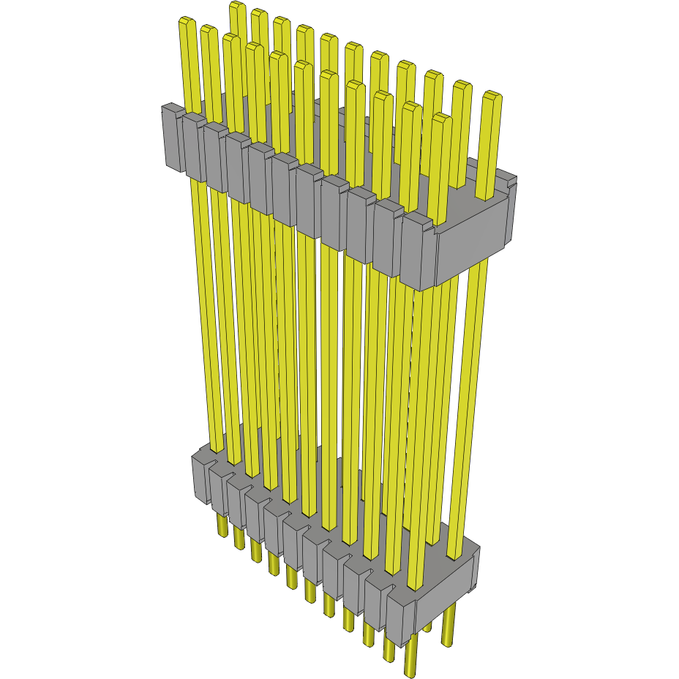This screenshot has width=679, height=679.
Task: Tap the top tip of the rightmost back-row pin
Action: (x=492, y=97)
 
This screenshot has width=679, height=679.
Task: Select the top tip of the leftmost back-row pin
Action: (x=237, y=7)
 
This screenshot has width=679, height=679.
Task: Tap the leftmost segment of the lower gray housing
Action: (x=200, y=479)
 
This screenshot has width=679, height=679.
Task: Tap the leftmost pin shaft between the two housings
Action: (x=205, y=315)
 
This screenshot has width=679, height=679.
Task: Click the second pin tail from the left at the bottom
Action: (x=238, y=538)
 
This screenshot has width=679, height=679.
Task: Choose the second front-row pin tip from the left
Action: (x=208, y=31)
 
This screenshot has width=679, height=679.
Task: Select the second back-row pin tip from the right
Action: (x=462, y=87)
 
